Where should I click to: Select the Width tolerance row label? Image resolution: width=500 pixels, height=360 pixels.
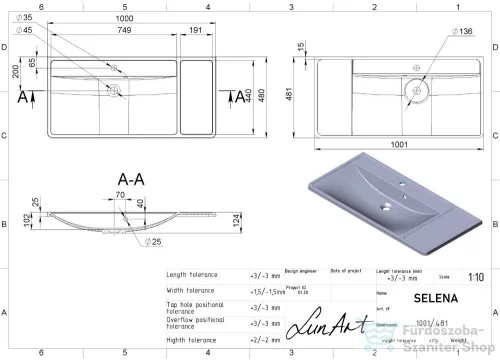pos(192,291)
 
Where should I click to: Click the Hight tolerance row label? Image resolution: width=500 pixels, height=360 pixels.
pos(192,340)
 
